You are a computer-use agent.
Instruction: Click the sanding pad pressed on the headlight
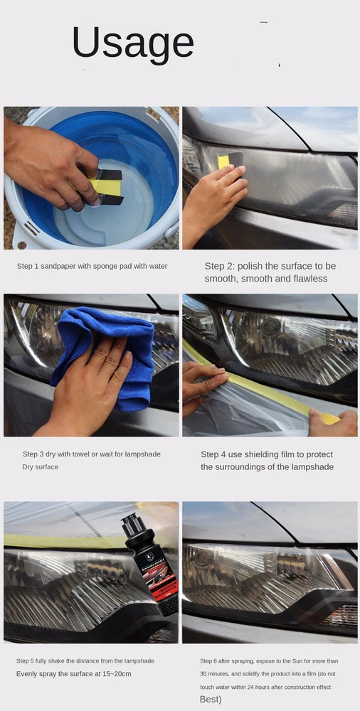tap(230, 159)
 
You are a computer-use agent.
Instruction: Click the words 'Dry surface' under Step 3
tap(40, 466)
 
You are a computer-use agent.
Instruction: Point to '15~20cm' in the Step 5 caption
tap(117, 674)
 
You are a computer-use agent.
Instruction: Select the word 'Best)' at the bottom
tap(211, 700)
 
